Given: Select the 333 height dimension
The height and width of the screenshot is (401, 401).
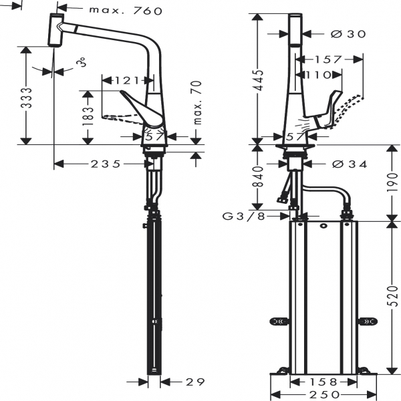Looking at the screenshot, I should [x=26, y=100].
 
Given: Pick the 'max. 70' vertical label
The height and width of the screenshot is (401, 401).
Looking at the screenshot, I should [x=197, y=104].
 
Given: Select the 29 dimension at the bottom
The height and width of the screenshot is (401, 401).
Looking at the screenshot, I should [x=194, y=382].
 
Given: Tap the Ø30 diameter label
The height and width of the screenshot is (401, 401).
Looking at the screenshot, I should [x=348, y=33].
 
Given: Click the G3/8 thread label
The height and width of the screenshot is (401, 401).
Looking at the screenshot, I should [x=244, y=216].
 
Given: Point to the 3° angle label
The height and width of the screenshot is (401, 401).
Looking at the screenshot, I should [x=81, y=62].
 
